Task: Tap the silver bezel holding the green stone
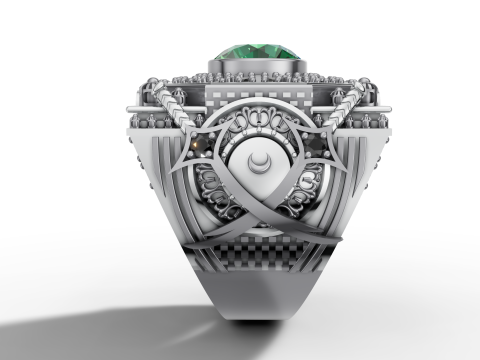(x=256, y=67)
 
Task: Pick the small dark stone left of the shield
(x=199, y=147)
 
